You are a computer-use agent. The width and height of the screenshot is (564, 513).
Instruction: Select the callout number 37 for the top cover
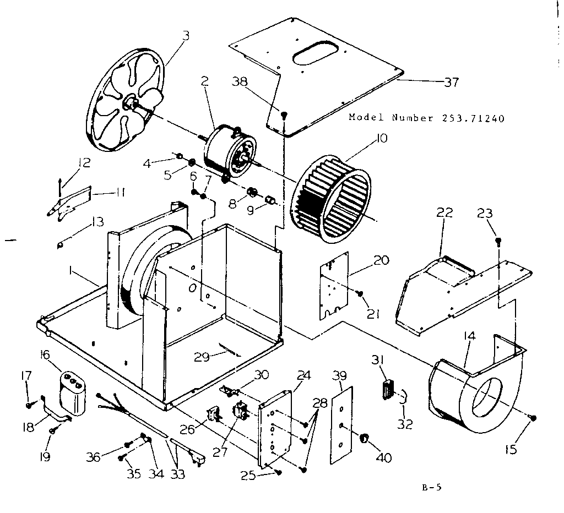pyautogui.click(x=451, y=82)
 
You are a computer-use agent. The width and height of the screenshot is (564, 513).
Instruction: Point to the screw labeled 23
pyautogui.click(x=497, y=241)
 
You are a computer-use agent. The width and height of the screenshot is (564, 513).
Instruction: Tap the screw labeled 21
pyautogui.click(x=360, y=294)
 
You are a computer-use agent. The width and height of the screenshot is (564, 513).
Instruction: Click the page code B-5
pyautogui.click(x=436, y=486)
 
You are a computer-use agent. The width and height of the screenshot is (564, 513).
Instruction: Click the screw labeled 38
pyautogui.click(x=284, y=115)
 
